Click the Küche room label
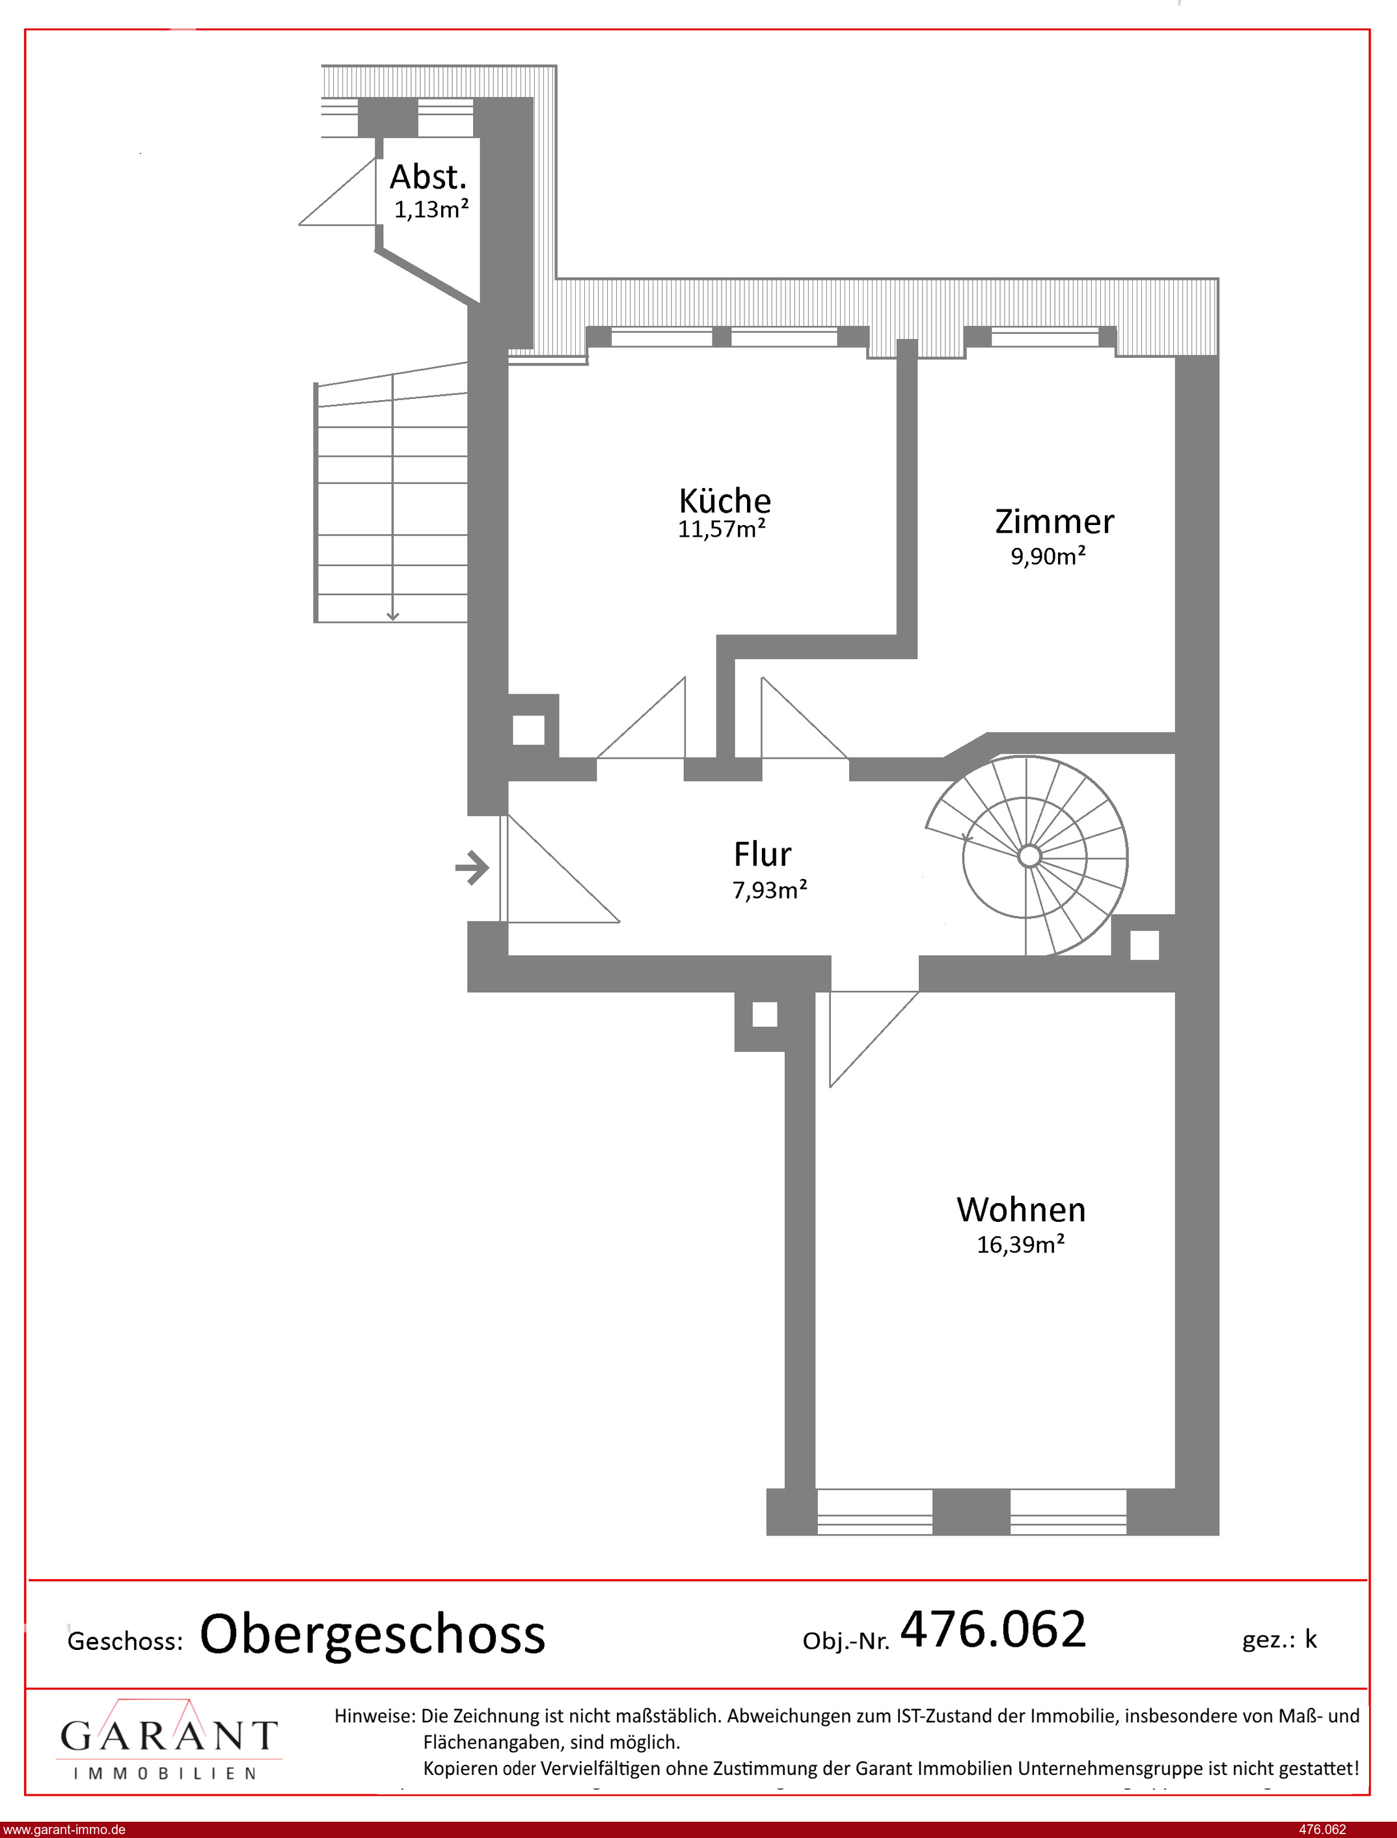pyautogui.click(x=725, y=500)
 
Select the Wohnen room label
pyautogui.click(x=1021, y=1210)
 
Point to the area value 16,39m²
pyautogui.click(x=1020, y=1245)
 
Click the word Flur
pyautogui.click(x=762, y=854)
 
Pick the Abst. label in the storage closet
pyautogui.click(x=428, y=176)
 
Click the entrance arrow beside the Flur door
pyautogui.click(x=472, y=868)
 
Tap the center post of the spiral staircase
pyautogui.click(x=1029, y=856)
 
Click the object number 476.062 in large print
pyautogui.click(x=993, y=1629)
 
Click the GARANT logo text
pyautogui.click(x=169, y=1736)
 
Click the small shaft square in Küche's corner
pyautogui.click(x=529, y=730)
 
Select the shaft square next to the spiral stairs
pyautogui.click(x=1144, y=945)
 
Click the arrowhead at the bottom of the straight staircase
pyautogui.click(x=392, y=616)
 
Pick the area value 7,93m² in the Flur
pyautogui.click(x=770, y=890)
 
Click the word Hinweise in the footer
pyautogui.click(x=374, y=1715)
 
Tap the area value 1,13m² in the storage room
pyautogui.click(x=431, y=209)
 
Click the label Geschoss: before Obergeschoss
pyautogui.click(x=125, y=1642)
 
